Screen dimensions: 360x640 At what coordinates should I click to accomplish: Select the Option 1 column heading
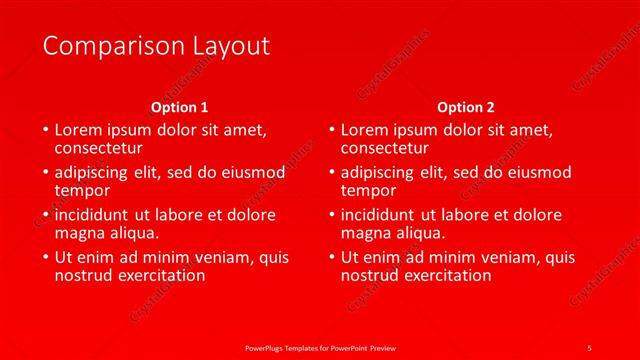click(x=180, y=107)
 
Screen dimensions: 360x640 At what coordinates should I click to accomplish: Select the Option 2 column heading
click(x=466, y=107)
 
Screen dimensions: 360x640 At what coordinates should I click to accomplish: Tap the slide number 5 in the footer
click(x=590, y=346)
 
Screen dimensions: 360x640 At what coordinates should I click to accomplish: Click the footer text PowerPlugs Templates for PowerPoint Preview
click(x=320, y=346)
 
